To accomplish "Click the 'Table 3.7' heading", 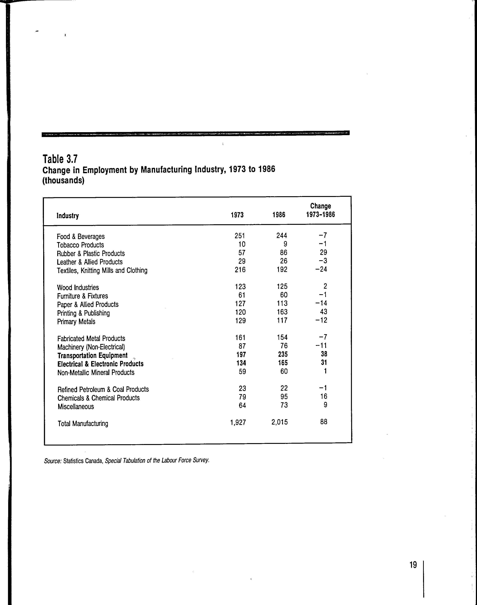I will point(60,159).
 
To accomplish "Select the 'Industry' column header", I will point(68,216).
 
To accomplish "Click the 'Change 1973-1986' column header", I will point(320,210).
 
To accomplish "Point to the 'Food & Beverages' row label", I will point(81,237).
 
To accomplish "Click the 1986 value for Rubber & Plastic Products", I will point(284,253).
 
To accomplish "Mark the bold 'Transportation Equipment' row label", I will point(92,356).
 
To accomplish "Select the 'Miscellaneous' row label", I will point(76,407).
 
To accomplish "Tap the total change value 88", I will point(324,422).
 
